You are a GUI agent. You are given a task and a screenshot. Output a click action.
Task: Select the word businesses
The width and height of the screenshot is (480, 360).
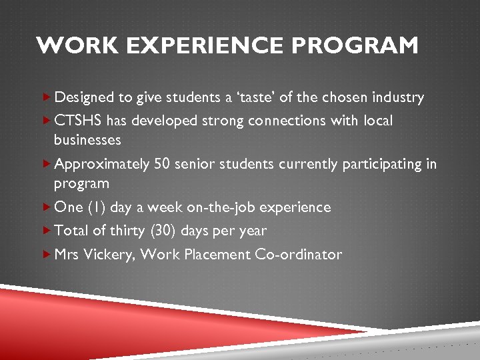88,140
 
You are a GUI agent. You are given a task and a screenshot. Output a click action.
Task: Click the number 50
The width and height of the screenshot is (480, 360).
162,164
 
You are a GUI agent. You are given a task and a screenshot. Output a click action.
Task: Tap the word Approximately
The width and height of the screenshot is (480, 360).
102,164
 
